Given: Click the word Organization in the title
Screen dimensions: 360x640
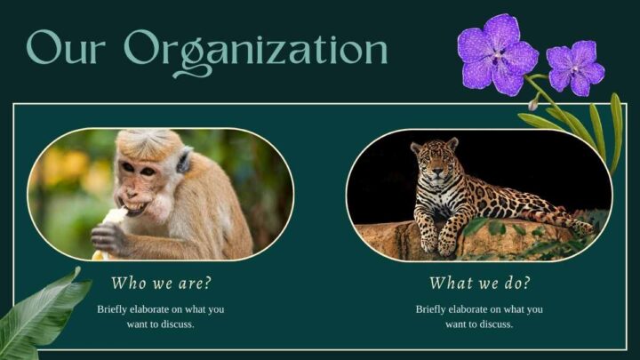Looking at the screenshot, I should tap(256, 49).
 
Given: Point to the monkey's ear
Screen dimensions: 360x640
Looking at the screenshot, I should tap(184, 161).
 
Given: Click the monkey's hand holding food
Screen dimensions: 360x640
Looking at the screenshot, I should tap(108, 236).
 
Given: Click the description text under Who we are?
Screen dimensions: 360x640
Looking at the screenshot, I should tap(161, 316).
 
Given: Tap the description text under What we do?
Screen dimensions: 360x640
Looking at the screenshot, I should tap(478, 316).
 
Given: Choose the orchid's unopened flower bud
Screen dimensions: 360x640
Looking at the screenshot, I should tap(532, 105).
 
